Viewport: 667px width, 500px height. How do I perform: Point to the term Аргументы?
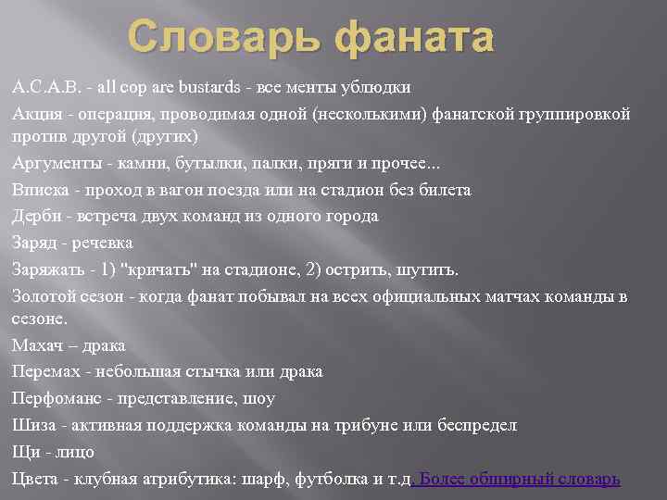coord(54,164)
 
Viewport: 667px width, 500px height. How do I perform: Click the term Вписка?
coord(40,190)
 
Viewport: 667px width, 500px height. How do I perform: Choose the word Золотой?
coord(45,296)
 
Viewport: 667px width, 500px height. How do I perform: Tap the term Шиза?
coord(32,425)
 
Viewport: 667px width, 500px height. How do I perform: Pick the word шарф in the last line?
coord(266,479)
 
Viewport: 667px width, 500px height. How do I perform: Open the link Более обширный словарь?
coord(519,479)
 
